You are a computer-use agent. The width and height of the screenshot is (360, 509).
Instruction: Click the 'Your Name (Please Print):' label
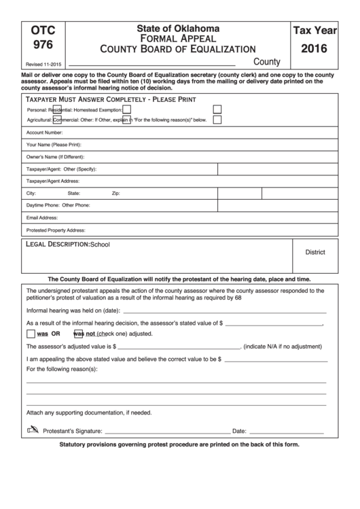54,145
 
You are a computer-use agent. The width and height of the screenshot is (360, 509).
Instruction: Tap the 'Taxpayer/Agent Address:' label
53,181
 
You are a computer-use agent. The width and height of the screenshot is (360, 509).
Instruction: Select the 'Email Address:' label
42,218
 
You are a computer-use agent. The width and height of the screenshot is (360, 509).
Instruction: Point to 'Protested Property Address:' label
56,230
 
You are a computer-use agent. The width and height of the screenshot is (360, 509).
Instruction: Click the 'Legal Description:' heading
57,244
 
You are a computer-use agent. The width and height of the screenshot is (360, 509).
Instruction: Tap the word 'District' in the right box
315,252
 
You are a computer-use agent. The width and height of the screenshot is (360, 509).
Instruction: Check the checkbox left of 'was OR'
31,334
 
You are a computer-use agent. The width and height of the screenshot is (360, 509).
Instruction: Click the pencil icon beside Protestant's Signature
32,430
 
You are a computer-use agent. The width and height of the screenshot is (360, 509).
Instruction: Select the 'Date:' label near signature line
239,432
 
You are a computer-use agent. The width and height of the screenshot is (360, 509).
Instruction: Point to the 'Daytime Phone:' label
43,206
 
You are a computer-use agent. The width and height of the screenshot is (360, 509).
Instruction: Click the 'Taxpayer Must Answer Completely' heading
111,99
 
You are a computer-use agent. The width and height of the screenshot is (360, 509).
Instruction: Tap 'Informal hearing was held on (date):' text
73,310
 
